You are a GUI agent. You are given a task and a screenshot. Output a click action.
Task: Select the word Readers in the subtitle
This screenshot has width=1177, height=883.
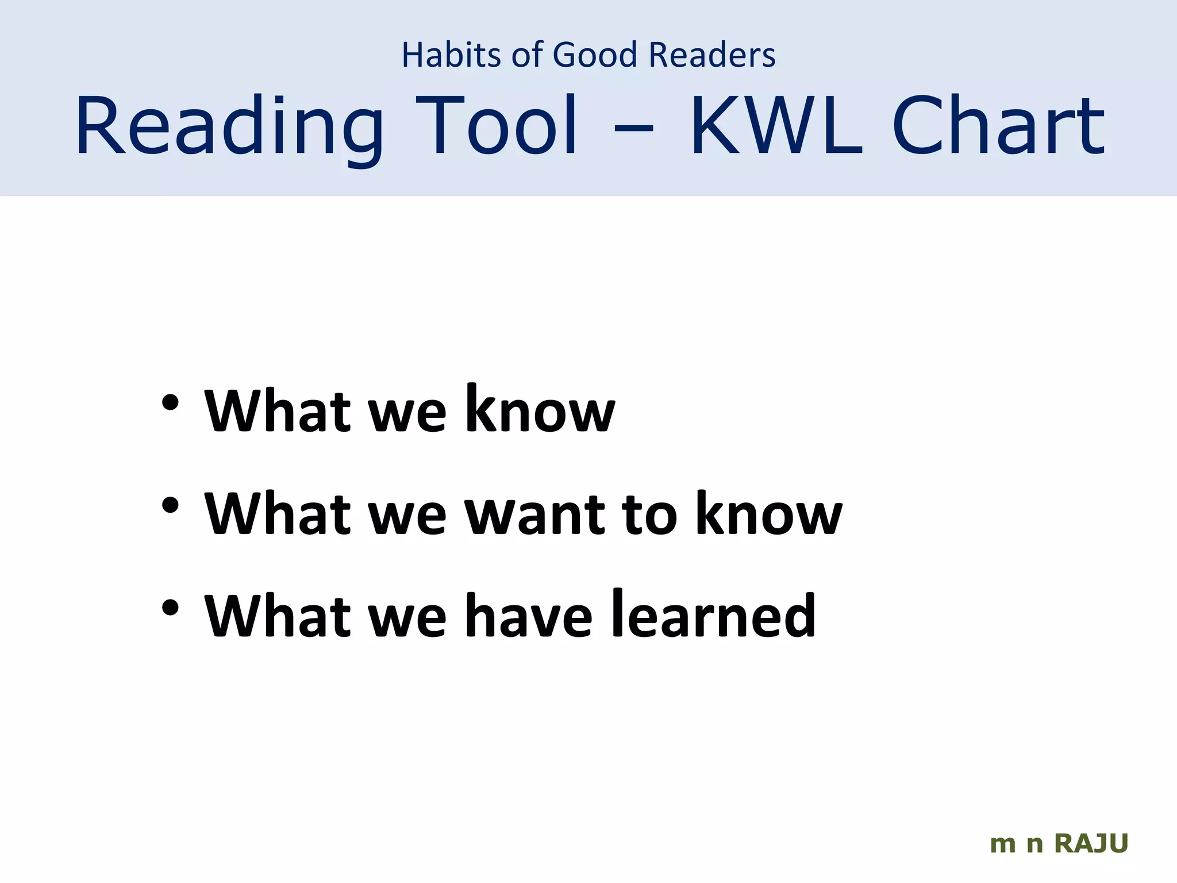[712, 55]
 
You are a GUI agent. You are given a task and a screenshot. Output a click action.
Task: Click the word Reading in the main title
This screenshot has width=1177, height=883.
[229, 128]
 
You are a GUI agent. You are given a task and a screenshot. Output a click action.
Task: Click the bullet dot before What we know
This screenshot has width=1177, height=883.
[170, 403]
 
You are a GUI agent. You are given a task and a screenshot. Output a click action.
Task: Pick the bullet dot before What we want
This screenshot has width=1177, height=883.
[170, 505]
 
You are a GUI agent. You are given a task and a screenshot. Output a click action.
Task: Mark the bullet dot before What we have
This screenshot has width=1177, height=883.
[170, 608]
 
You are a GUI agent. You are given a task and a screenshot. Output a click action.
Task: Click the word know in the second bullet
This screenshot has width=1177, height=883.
[769, 513]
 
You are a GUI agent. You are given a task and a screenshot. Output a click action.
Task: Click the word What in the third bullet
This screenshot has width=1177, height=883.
[278, 616]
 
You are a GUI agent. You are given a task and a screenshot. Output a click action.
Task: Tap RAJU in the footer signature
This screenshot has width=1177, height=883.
[1091, 844]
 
